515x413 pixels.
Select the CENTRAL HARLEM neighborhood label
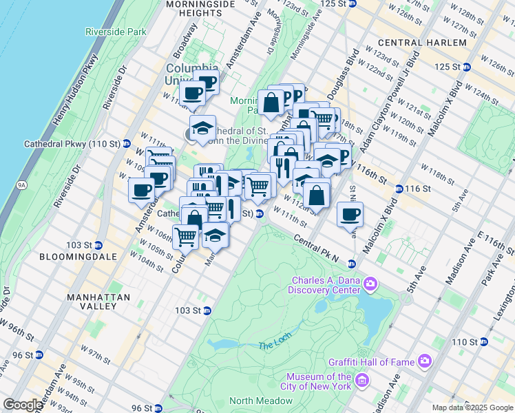click(422, 43)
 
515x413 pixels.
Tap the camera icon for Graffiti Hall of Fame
click(425, 360)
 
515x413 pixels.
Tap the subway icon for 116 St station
click(399, 189)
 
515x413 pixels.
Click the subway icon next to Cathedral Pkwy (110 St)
click(127, 145)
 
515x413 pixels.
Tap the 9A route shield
click(22, 184)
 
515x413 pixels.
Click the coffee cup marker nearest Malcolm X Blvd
click(350, 214)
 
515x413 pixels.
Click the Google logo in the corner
click(23, 405)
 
